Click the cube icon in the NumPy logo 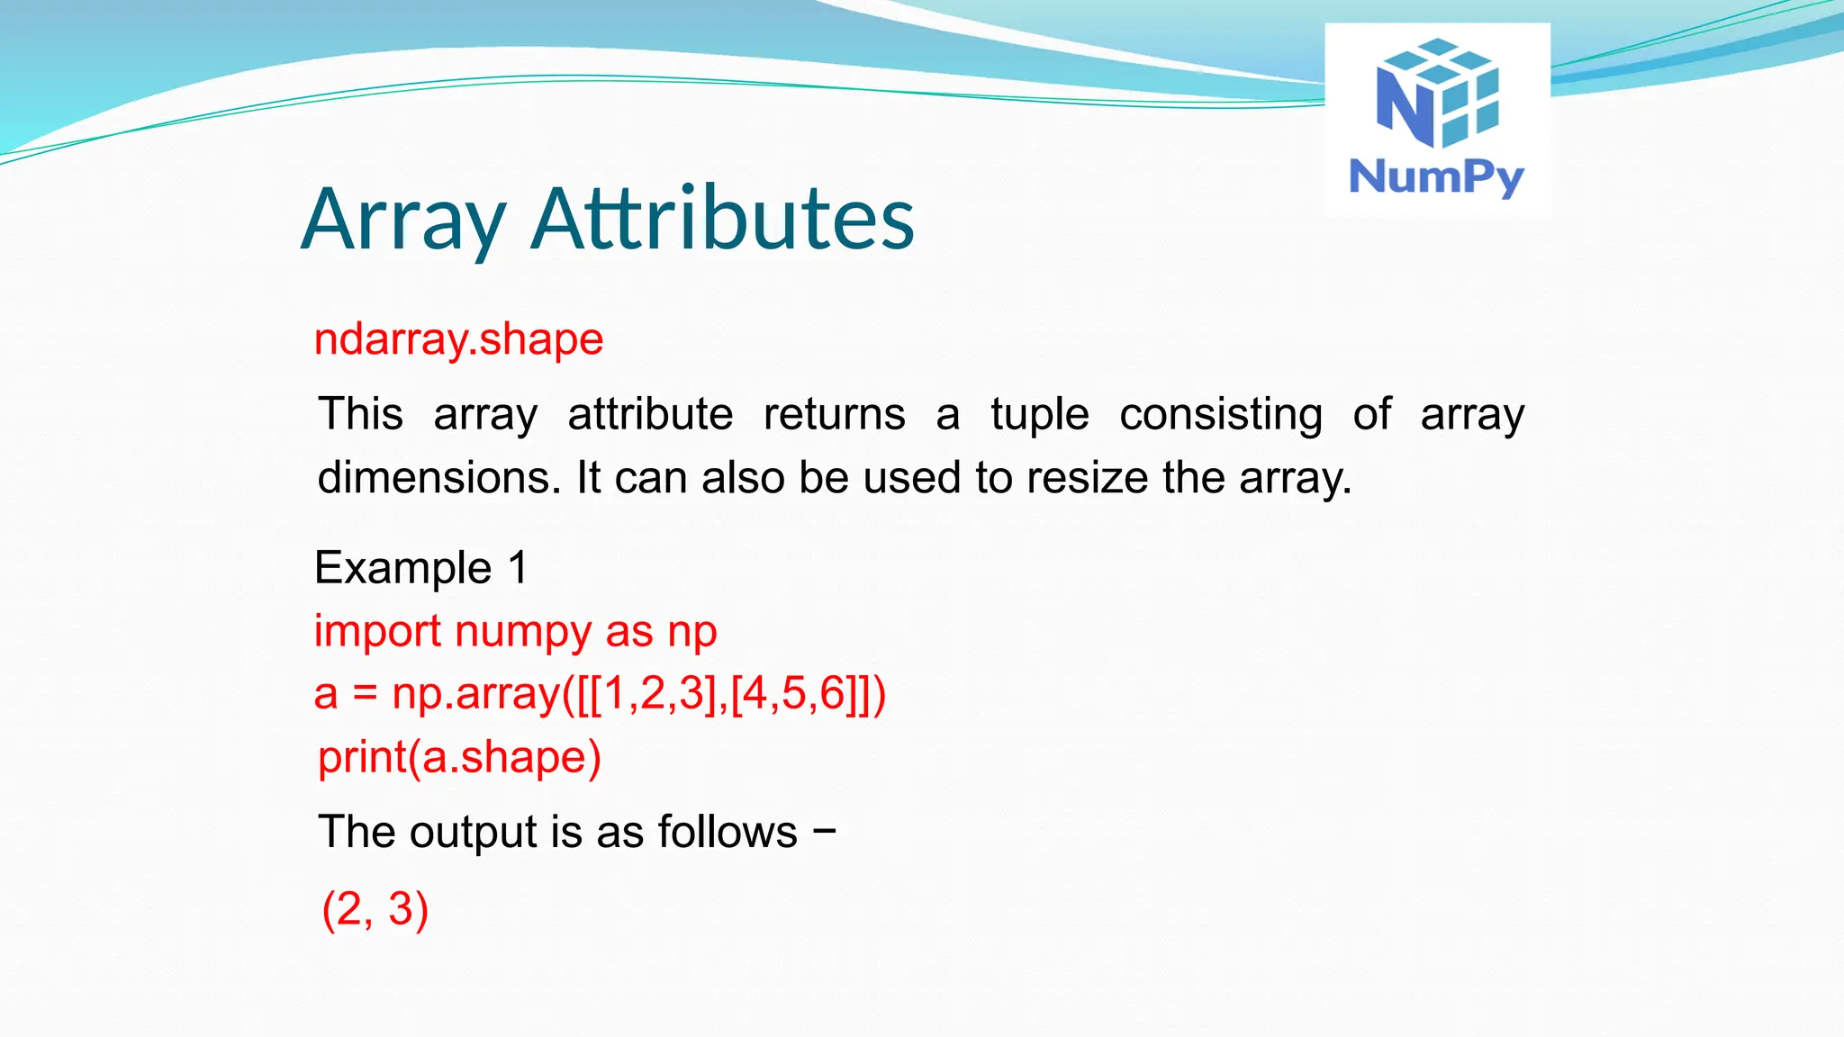[1438, 92]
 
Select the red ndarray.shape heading [458, 339]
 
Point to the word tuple [1040, 415]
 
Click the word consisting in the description [1221, 415]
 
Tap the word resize [1087, 477]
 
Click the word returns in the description [834, 415]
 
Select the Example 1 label [420, 568]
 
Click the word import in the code [377, 632]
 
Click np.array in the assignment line [475, 695]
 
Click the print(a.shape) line [459, 757]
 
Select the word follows [727, 832]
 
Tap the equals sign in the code [365, 695]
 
